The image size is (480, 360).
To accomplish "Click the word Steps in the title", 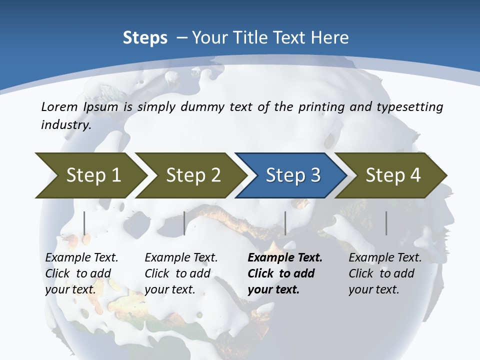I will tap(145, 38).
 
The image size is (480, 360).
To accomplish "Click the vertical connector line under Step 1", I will tap(84, 223).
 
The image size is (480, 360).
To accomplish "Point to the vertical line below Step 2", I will tap(184, 223).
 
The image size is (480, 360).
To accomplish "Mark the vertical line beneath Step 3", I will tap(285, 223).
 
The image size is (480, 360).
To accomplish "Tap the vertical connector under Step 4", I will tap(386, 223).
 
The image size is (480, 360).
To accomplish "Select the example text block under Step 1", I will tap(81, 273).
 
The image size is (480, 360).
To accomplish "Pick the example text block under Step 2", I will tap(181, 273).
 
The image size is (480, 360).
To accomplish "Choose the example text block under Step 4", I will tap(385, 273).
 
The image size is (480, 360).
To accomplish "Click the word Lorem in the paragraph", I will tap(59, 107).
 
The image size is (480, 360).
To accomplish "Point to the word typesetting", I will tap(412, 107).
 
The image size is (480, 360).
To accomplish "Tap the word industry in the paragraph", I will tap(65, 124).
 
